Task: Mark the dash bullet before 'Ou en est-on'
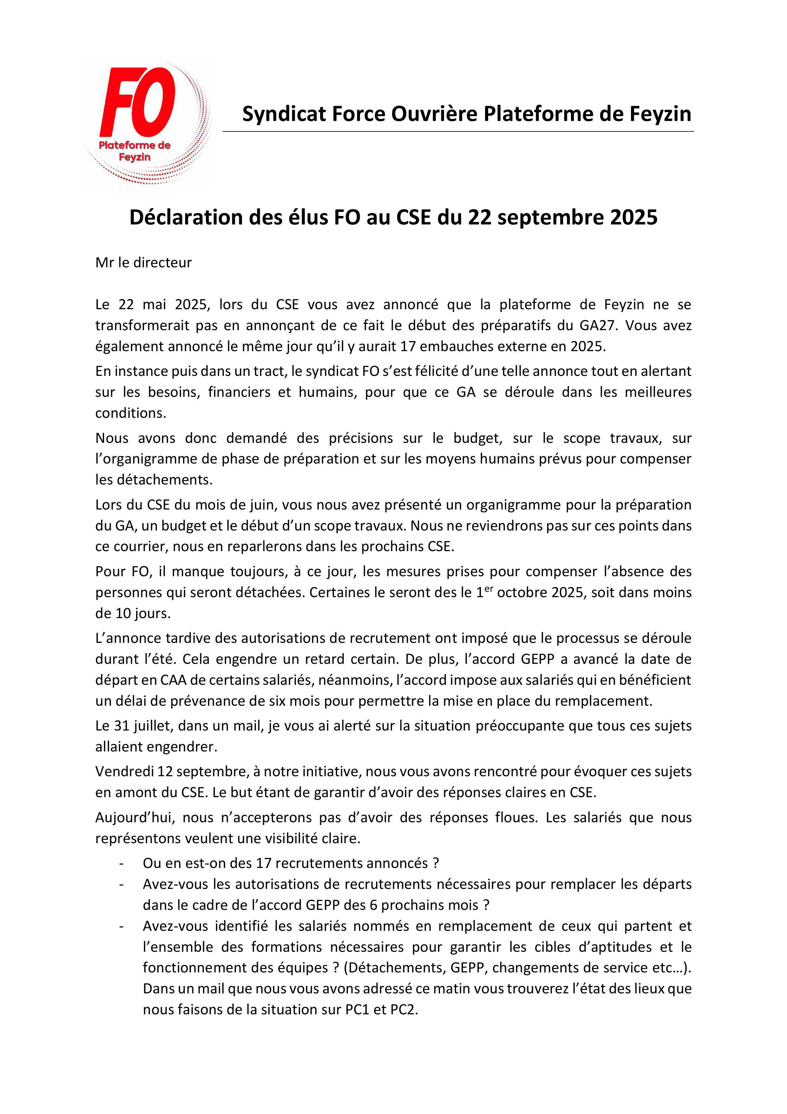coord(121,863)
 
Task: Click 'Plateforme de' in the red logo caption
coord(134,145)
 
